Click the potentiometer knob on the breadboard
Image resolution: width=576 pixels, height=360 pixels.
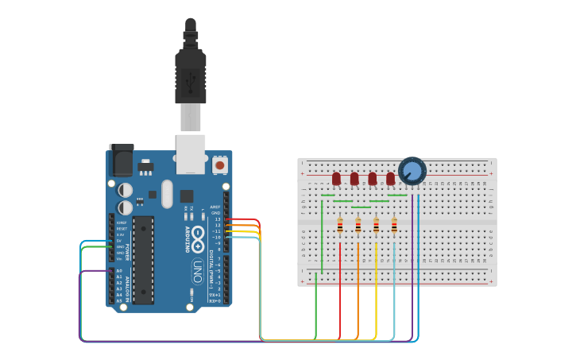pos(412,171)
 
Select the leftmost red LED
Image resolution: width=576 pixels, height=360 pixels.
pos(336,179)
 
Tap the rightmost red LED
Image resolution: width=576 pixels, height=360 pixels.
pos(390,179)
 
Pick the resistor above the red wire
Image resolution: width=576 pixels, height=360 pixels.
pos(340,227)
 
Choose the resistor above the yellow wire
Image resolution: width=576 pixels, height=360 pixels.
pos(376,227)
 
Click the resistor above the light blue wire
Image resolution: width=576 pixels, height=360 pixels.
pos(394,227)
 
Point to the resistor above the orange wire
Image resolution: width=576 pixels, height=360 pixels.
pos(358,227)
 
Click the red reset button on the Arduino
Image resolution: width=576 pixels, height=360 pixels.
pos(219,165)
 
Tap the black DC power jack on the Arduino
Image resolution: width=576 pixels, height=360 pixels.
pos(121,161)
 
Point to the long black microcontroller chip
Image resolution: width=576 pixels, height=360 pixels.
pos(143,259)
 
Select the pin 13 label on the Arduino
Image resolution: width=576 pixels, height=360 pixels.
pos(217,219)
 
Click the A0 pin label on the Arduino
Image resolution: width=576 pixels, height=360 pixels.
pos(119,271)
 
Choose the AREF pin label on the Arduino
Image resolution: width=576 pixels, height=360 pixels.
pos(215,207)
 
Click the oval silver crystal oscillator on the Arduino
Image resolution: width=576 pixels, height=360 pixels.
pos(167,194)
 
